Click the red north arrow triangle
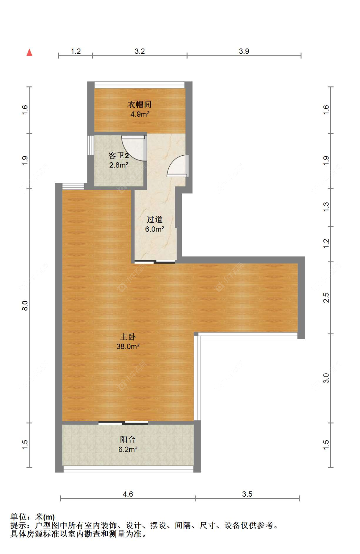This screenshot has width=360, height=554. [29, 52]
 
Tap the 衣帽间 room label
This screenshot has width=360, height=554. [140, 104]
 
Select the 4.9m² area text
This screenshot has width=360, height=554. [140, 114]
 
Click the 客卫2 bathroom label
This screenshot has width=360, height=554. [119, 156]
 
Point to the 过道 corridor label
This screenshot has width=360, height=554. [155, 219]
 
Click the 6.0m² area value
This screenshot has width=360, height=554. [155, 229]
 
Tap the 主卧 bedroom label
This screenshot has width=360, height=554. [128, 337]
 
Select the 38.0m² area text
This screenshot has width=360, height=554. [128, 346]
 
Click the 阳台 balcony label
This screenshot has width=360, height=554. [128, 440]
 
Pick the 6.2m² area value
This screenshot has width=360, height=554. [128, 449]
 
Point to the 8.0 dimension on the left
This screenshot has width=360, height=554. [25, 306]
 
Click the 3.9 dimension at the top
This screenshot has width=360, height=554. [244, 51]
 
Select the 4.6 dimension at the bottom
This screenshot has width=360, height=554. [128, 494]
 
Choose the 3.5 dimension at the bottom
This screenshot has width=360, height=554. [247, 494]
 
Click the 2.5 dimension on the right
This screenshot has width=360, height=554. [326, 297]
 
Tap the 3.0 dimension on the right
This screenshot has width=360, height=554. [326, 378]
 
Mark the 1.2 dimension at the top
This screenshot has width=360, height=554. [76, 51]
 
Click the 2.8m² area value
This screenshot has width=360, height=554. [119, 165]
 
